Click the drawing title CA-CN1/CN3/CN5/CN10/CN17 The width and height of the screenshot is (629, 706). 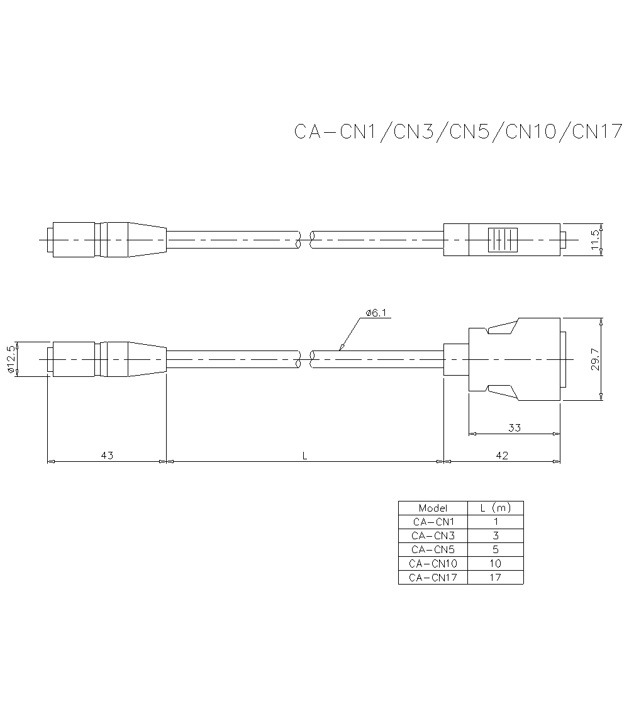coord(458,132)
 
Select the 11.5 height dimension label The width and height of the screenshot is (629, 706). coord(595,239)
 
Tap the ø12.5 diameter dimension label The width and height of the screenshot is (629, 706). coord(11,359)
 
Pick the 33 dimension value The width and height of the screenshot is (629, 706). coord(515,428)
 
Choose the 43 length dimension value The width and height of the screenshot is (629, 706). coord(107,455)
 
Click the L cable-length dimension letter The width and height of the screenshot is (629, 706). coord(304,455)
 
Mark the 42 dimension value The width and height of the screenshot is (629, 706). coord(502,455)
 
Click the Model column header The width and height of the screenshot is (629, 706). coord(433,508)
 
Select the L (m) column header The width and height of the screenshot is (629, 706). coord(495,508)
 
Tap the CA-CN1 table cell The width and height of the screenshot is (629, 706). coord(433,522)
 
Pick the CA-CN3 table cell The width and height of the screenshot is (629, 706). coord(433,535)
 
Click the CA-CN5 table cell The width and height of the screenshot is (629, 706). coord(433,549)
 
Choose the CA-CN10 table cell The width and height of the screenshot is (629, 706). coord(433,563)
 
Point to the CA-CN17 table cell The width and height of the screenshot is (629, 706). coord(433,577)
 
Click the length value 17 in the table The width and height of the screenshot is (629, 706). coord(495,577)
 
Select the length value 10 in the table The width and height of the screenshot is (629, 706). coord(495,563)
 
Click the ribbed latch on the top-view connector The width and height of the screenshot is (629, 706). coord(503,240)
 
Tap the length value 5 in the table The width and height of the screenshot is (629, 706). coord(495,549)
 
